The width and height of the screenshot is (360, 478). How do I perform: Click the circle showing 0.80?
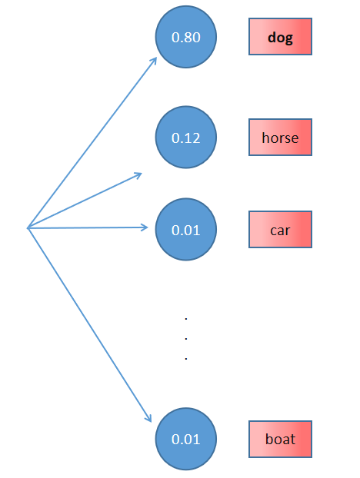click(186, 37)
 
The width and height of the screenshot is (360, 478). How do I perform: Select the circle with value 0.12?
click(186, 138)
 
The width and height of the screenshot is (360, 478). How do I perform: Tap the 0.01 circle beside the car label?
click(186, 228)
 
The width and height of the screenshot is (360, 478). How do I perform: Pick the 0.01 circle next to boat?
click(186, 440)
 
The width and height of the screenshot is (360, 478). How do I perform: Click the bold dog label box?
click(280, 37)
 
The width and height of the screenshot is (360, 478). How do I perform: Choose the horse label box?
click(280, 138)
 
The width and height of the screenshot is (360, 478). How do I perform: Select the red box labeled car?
click(280, 229)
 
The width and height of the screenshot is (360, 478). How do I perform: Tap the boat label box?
click(280, 440)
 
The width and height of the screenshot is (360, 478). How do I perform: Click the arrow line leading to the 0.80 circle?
click(92, 142)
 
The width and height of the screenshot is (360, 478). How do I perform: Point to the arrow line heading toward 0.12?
click(85, 200)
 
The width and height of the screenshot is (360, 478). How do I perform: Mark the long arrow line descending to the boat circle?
click(88, 323)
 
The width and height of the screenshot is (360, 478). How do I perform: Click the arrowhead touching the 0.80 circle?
click(154, 60)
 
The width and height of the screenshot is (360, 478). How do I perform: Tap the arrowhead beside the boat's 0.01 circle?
click(148, 417)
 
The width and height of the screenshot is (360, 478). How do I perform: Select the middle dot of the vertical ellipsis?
click(186, 338)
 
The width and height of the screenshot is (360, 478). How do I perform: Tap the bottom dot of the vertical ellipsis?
click(186, 358)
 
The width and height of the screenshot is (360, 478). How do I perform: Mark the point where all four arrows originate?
click(28, 227)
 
